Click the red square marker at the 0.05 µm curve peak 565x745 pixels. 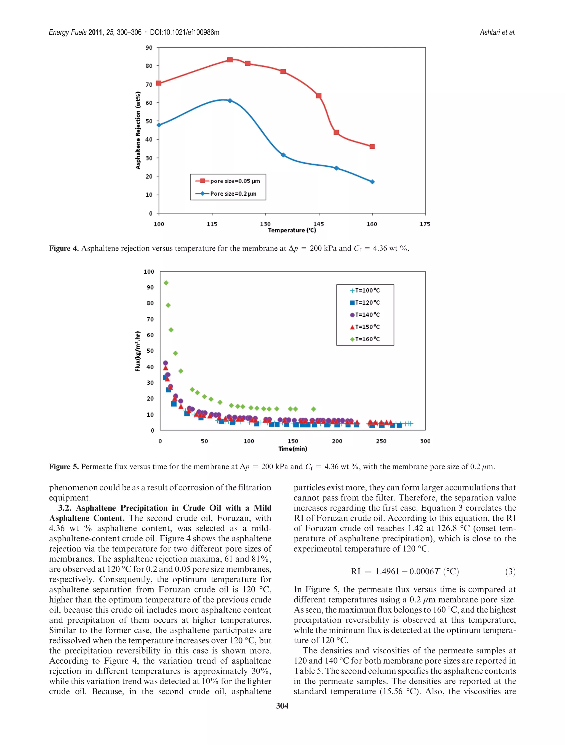230,60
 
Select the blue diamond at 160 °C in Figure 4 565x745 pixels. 372,182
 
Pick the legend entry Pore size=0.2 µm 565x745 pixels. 233,194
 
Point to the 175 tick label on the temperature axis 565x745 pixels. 425,224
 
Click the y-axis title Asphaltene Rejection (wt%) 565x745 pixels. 138,130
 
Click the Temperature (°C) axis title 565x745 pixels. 292,230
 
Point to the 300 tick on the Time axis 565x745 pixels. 425,441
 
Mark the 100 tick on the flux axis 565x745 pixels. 149,272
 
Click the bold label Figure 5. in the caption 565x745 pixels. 64,467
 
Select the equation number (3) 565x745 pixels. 510,571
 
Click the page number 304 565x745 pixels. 282,706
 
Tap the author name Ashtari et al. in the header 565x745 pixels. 497,32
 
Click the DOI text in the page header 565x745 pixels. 185,32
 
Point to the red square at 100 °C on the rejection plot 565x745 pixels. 159,83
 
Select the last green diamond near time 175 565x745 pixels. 313,409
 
